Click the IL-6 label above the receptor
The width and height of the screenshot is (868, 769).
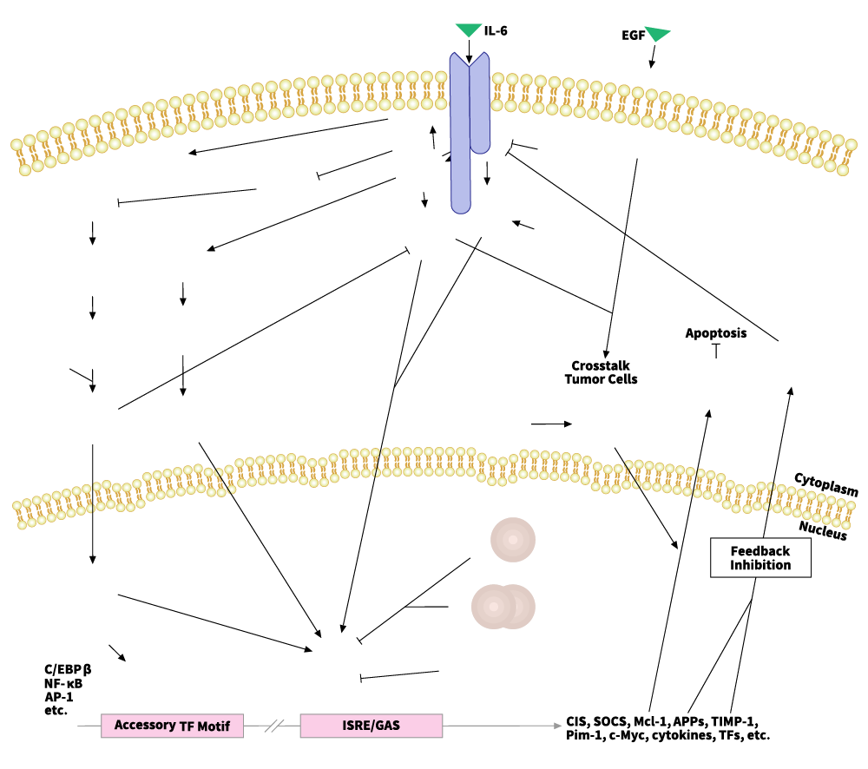tap(496, 30)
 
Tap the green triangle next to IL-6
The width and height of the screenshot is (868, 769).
tap(469, 30)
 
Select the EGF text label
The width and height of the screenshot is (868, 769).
tap(632, 36)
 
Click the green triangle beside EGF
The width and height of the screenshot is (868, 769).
tap(658, 34)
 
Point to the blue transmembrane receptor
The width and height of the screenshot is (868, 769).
tap(469, 130)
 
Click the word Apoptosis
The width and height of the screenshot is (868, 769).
tap(715, 332)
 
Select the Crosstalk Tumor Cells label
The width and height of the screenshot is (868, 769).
tap(601, 372)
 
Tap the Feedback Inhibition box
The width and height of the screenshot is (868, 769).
tap(760, 558)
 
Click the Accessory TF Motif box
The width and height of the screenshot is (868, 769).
tap(172, 726)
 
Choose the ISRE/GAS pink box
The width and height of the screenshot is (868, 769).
tap(371, 726)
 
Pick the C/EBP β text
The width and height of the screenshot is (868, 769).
tap(68, 669)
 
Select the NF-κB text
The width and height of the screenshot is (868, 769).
tap(62, 683)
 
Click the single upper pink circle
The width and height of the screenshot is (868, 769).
tap(513, 540)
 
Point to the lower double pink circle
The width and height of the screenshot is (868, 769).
tap(503, 606)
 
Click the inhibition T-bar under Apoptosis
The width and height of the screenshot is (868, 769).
tap(716, 351)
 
